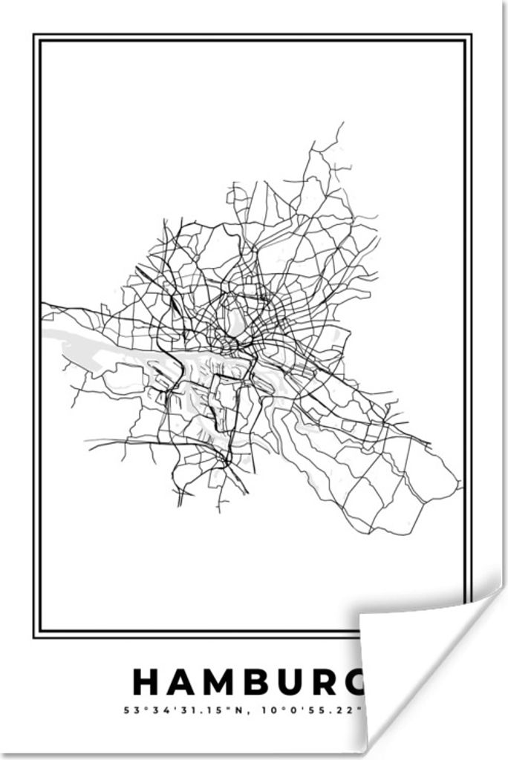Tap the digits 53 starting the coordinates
(129, 710)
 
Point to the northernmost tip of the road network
(342, 123)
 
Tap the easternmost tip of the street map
(461, 487)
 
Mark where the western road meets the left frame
(42, 304)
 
